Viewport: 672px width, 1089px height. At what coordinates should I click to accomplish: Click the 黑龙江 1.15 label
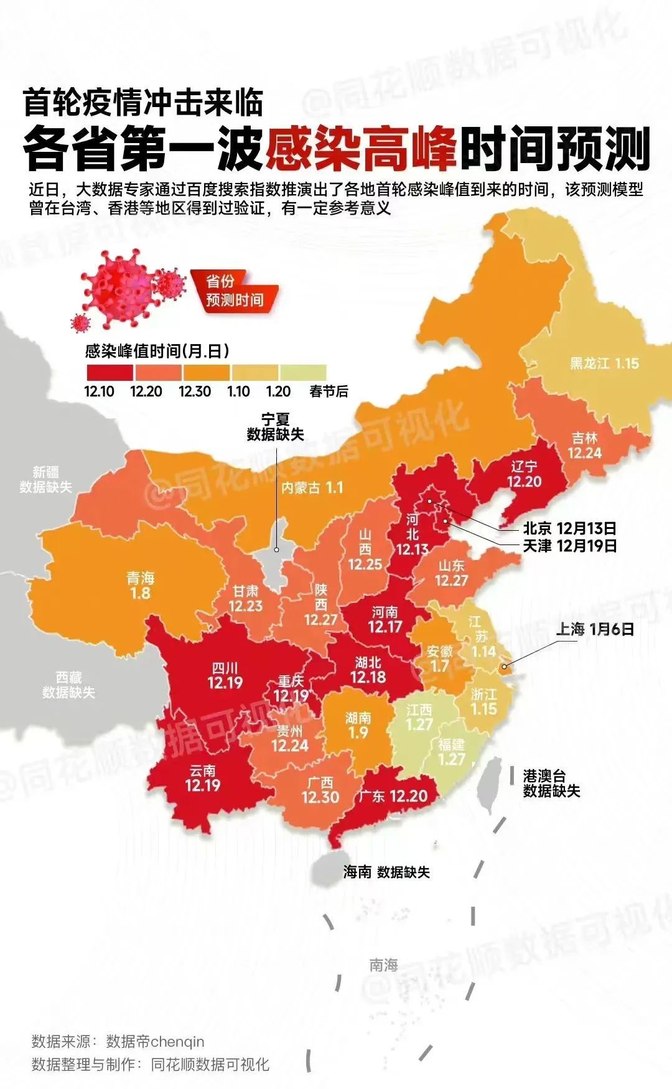pos(604,363)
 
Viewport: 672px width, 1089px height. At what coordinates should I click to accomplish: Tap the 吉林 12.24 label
pos(584,446)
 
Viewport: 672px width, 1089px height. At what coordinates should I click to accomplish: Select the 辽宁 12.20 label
pos(524,474)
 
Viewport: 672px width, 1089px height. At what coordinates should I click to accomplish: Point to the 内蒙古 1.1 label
pos(312,487)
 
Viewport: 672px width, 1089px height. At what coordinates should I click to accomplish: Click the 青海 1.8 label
pos(140,586)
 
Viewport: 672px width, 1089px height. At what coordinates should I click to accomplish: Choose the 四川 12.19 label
pos(225,676)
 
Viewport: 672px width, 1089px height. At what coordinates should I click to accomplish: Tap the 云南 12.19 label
pos(202,778)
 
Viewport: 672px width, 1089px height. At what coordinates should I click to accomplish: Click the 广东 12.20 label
pos(393,796)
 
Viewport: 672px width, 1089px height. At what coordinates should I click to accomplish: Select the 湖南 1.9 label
pos(358,725)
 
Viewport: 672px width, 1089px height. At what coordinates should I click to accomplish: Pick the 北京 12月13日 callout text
pos(569,528)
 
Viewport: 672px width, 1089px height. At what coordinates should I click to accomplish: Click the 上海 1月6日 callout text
pos(595,629)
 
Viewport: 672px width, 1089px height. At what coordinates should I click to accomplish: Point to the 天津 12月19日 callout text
pos(569,546)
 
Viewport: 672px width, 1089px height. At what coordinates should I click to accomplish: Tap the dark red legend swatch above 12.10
pos(109,372)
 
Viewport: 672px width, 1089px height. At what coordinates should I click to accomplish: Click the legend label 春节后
pos(329,391)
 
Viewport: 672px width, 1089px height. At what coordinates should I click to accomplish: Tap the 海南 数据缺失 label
pos(386,872)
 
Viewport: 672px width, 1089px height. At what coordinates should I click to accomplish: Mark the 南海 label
pos(383,965)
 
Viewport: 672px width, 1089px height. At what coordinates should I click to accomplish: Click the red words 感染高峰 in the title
pos(362,150)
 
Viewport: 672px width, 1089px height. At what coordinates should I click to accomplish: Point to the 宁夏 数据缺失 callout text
pos(275,427)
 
